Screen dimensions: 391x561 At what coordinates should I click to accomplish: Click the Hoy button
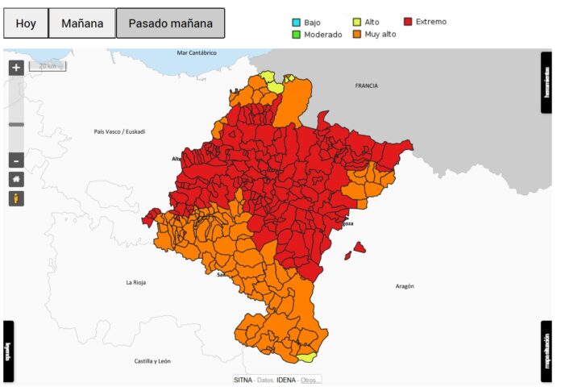click(x=26, y=23)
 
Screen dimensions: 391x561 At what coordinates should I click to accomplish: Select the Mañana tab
click(x=81, y=23)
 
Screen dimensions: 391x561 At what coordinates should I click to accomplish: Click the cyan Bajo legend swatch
click(x=296, y=23)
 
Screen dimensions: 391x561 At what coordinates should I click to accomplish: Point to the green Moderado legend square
click(x=296, y=35)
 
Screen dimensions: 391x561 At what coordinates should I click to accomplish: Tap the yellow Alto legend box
click(x=357, y=23)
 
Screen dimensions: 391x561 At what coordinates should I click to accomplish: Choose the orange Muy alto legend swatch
click(x=357, y=35)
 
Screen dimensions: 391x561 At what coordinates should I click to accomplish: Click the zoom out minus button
click(x=16, y=160)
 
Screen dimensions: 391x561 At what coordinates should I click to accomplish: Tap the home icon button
click(x=16, y=179)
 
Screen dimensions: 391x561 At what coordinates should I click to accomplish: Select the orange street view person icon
click(x=16, y=198)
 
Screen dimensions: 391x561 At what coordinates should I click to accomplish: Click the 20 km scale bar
click(x=48, y=66)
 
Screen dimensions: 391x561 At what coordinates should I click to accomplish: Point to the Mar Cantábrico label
click(x=197, y=53)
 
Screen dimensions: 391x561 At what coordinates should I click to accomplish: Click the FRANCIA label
click(x=366, y=85)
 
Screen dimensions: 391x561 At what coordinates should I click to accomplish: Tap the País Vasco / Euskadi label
click(x=119, y=131)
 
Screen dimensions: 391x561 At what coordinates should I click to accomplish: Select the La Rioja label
click(x=136, y=282)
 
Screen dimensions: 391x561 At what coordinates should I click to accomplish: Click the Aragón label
click(x=405, y=286)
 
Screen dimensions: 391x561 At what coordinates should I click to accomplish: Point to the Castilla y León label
click(x=152, y=360)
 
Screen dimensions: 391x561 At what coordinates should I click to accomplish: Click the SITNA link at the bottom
click(x=243, y=380)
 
